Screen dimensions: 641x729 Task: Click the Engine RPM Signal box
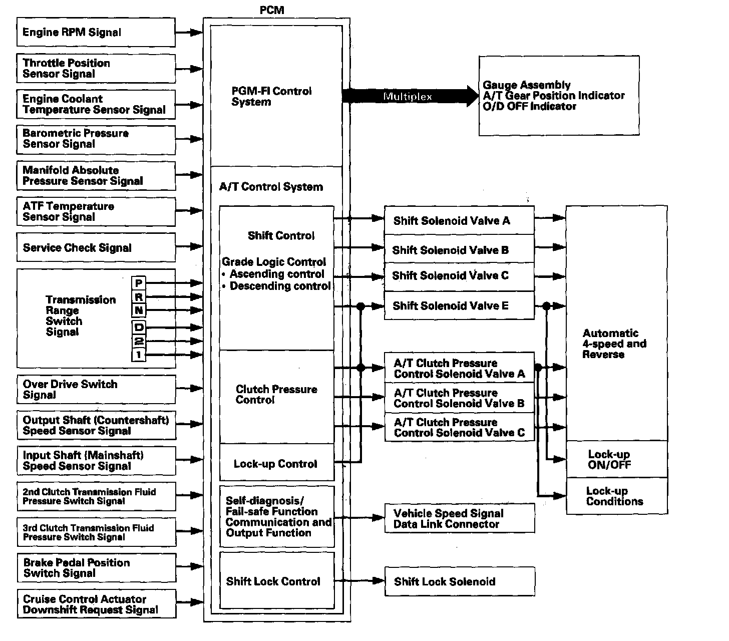coord(96,33)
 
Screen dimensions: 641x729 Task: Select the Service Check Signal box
coord(96,247)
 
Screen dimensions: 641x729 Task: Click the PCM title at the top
coord(272,10)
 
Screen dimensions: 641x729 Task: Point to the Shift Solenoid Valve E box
coord(459,305)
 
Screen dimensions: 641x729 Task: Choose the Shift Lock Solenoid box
coord(459,581)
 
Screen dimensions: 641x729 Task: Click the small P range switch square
coord(139,283)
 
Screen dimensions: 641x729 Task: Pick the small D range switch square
coord(139,328)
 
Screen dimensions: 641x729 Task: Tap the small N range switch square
coord(139,310)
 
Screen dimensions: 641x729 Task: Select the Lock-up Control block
coord(276,463)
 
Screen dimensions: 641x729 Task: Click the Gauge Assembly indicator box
coord(559,96)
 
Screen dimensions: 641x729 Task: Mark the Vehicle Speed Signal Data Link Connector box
coord(459,518)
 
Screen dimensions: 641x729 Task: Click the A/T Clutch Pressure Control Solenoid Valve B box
coord(459,398)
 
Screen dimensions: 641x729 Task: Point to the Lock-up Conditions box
coord(616,496)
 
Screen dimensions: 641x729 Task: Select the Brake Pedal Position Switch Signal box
coord(96,568)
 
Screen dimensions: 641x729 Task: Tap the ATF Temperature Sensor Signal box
coord(96,211)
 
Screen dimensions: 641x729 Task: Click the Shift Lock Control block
coord(276,581)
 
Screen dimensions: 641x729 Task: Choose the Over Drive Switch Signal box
coord(96,389)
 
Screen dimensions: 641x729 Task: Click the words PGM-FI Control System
coord(271,96)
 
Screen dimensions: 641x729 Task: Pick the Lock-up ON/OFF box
coord(616,459)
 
